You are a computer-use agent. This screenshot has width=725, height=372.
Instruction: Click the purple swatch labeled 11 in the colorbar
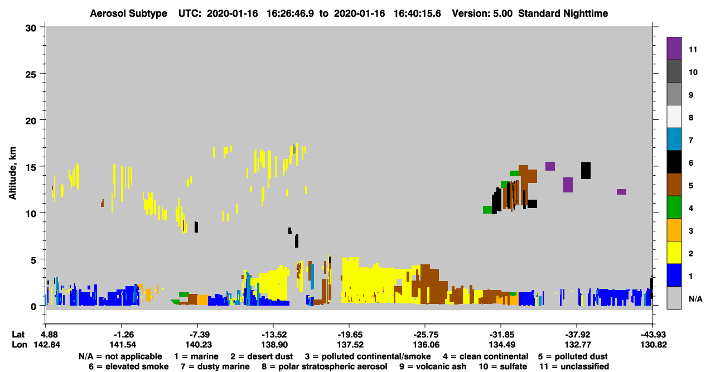pos(674,49)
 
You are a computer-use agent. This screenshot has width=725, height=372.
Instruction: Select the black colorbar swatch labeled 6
pos(674,162)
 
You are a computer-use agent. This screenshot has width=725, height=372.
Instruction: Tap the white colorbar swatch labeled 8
pos(674,117)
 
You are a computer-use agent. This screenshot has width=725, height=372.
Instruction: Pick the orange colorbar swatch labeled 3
pos(674,230)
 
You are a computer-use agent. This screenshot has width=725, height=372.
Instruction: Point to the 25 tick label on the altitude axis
pos(31,75)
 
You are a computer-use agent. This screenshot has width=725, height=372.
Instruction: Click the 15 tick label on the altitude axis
pos(31,167)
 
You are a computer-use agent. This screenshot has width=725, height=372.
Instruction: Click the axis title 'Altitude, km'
pos(12,173)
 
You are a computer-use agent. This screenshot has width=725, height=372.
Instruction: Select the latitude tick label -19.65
pos(350,335)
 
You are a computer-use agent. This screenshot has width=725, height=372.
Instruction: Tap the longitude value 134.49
pos(502,345)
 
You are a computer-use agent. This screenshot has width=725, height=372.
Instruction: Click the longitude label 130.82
pos(654,345)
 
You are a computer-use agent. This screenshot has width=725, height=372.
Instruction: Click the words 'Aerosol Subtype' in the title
pos(128,13)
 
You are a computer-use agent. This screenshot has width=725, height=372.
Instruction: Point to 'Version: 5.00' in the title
pos(482,13)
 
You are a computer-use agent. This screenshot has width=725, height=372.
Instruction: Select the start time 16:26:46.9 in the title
pos(290,13)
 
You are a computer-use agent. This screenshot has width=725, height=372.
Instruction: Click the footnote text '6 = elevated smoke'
pos(129,366)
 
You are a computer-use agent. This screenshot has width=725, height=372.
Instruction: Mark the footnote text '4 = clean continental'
pos(486,356)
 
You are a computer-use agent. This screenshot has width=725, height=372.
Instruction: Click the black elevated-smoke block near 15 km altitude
pos(586,171)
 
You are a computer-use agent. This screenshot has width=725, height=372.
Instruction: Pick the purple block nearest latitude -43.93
pos(621,192)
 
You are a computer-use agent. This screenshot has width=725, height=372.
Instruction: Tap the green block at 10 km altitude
pos(487,210)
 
